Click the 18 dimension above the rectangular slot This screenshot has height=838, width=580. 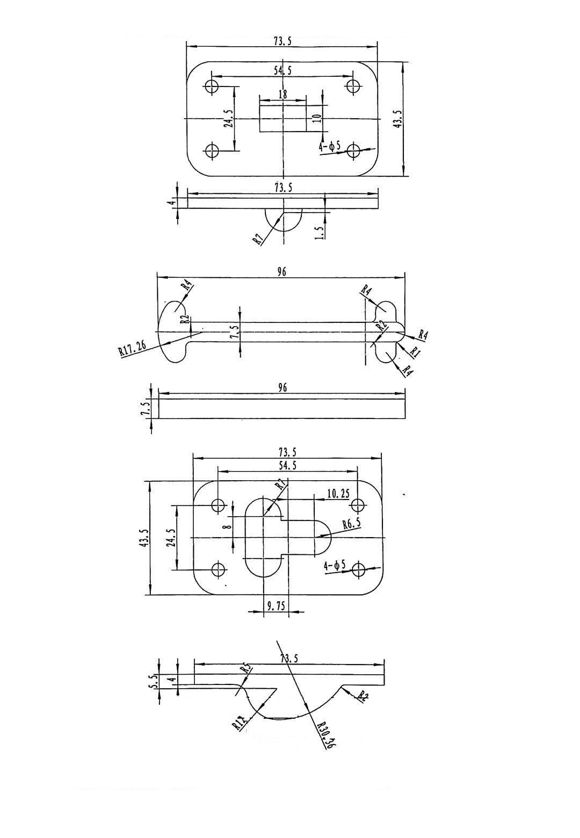(282, 94)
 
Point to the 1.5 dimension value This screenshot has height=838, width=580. (318, 232)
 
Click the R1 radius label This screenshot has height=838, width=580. (415, 351)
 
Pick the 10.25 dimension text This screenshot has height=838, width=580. (338, 493)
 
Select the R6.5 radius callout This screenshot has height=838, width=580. (352, 523)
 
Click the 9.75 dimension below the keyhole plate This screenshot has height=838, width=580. (276, 606)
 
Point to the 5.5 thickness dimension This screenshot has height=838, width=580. (153, 682)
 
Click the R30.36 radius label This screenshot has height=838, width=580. (325, 735)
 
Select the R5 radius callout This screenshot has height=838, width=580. (246, 669)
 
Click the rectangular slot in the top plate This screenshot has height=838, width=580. (282, 118)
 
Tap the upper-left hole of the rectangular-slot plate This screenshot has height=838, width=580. (212, 86)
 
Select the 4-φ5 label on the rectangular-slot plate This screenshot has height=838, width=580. (330, 146)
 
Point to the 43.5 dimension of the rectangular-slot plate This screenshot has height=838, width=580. (398, 119)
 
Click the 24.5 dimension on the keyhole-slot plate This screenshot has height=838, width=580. (171, 537)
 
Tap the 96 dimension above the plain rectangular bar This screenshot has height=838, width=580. (283, 387)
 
